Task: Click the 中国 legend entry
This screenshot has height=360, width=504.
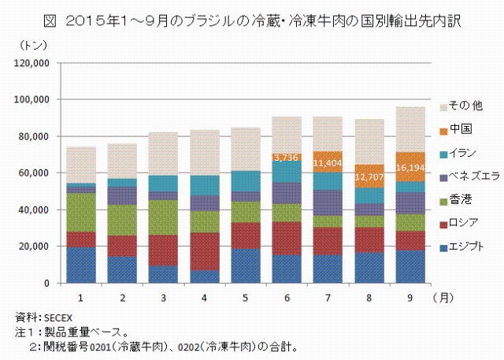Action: click(461, 128)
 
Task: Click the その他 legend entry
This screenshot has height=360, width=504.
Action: click(463, 106)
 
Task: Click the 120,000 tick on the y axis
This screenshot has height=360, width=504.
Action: click(33, 63)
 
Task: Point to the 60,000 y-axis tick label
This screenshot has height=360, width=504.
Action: click(35, 173)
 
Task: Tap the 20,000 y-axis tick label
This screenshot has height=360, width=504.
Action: click(35, 247)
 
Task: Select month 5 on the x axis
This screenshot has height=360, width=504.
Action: click(244, 296)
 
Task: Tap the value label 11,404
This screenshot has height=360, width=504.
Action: click(326, 164)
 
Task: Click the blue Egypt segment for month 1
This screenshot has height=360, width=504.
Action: click(81, 265)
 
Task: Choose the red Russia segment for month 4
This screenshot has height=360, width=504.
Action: click(203, 251)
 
